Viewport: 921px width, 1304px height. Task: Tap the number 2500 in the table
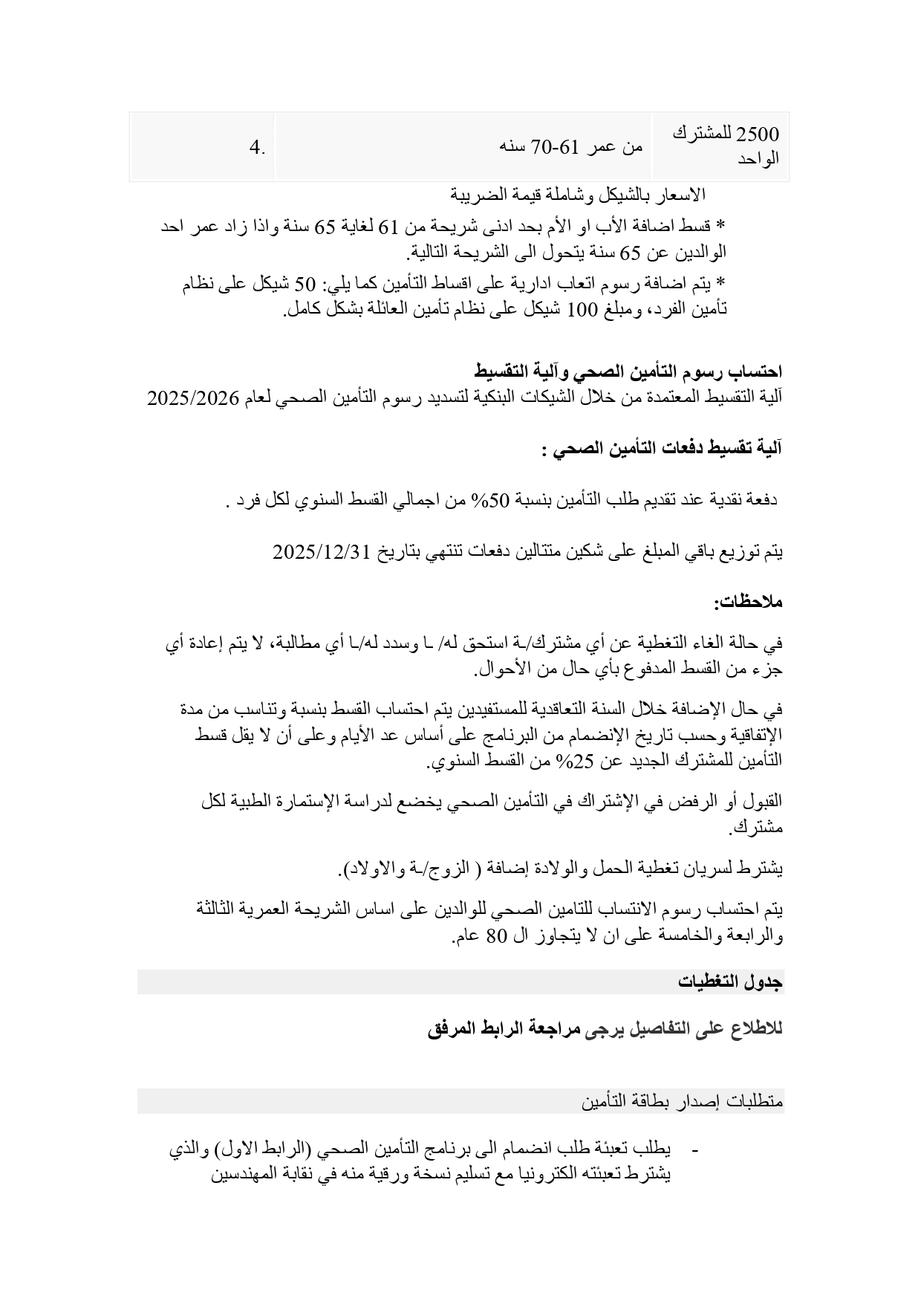click(759, 134)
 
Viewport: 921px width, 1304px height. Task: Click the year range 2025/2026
click(192, 398)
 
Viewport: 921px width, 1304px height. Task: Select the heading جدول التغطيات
click(731, 982)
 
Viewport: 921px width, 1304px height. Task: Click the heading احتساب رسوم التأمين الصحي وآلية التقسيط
click(629, 371)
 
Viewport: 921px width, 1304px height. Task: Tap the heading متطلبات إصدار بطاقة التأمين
click(683, 1101)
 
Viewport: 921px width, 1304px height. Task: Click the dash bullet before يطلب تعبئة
click(695, 1152)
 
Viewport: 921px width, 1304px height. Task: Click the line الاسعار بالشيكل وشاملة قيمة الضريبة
click(578, 195)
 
